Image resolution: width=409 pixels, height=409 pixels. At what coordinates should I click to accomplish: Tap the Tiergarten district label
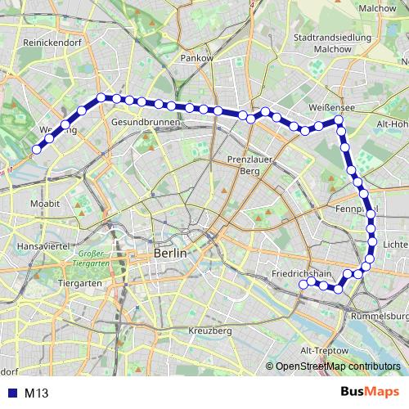tap(79, 283)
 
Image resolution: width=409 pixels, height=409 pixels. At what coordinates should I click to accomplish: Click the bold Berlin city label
tap(170, 254)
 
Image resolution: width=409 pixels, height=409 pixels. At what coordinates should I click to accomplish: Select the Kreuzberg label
tap(209, 330)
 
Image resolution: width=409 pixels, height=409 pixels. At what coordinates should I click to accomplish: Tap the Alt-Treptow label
tap(322, 349)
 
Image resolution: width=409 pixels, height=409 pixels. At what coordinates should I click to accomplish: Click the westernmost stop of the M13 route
tap(35, 149)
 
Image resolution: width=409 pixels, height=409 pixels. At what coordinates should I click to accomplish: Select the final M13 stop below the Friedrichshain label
tap(303, 285)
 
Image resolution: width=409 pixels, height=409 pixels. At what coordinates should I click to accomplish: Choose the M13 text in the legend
tap(38, 393)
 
